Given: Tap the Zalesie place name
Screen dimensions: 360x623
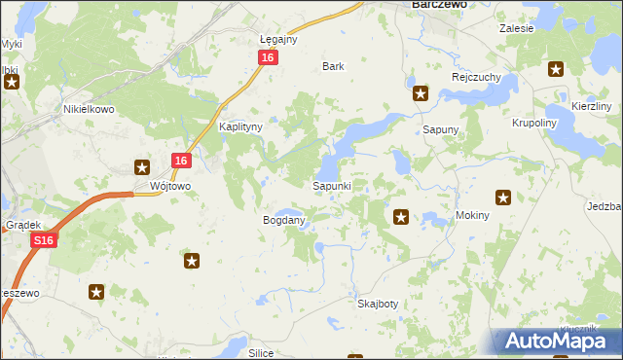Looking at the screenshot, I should [517, 28].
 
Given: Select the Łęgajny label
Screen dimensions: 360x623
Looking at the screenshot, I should [278, 39].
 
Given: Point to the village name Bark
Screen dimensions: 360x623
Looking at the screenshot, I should [334, 67].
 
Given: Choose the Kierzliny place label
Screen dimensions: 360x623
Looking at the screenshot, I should [591, 105].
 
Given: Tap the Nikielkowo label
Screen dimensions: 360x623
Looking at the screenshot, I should [89, 109].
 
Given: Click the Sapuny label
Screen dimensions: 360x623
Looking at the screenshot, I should [440, 128].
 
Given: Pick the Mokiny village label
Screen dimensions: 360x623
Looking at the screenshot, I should [472, 214].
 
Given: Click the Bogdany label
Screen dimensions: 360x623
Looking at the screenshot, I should [284, 220].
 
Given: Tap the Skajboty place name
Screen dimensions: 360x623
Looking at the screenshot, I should [378, 304].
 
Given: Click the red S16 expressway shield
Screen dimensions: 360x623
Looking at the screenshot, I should [42, 240].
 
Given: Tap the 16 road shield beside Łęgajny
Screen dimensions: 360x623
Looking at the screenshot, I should [268, 58].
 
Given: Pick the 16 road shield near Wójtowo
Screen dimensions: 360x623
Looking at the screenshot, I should [181, 161].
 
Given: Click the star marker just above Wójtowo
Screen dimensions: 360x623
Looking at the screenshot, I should [142, 166].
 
